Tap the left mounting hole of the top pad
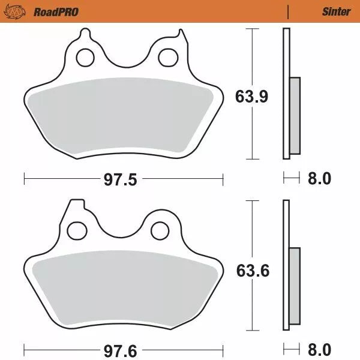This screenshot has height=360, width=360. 85,58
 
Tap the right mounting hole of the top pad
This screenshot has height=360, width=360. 166,58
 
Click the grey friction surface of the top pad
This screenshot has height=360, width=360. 123,114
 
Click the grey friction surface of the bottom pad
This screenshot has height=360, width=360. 123,285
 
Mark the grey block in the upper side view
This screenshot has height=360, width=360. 294,115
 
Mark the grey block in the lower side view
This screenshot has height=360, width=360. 294,286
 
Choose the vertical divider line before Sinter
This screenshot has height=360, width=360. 289,11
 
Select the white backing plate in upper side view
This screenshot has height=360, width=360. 286,60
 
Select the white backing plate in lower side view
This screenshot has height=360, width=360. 286,228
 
